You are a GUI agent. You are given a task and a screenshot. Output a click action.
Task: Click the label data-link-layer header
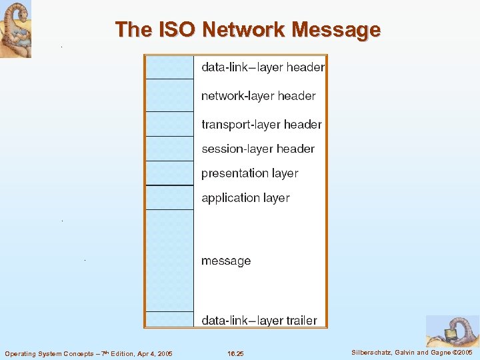pyautogui.click(x=263, y=67)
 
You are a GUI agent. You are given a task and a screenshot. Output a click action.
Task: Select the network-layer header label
pyautogui.click(x=259, y=96)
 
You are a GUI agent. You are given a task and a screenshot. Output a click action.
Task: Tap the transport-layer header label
pyautogui.click(x=261, y=125)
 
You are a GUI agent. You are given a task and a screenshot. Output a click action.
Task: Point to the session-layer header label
pyautogui.click(x=258, y=149)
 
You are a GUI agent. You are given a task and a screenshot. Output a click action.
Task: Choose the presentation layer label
pyautogui.click(x=250, y=173)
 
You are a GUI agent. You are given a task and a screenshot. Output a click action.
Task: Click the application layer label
pyautogui.click(x=245, y=198)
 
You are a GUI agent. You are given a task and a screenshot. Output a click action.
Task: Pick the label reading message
pyautogui.click(x=226, y=261)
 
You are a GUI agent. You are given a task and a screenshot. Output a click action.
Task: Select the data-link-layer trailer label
pyautogui.click(x=259, y=321)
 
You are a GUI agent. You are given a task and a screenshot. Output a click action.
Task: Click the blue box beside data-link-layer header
pyautogui.click(x=169, y=67)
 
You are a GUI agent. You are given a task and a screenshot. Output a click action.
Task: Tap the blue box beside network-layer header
pyautogui.click(x=169, y=95)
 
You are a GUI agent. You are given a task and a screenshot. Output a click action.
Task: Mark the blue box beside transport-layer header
pyautogui.click(x=169, y=124)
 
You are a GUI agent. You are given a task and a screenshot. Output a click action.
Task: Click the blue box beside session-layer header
pyautogui.click(x=169, y=149)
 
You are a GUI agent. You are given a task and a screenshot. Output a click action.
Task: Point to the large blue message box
pyautogui.click(x=169, y=261)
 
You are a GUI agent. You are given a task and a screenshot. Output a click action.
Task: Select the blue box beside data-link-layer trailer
pyautogui.click(x=169, y=319)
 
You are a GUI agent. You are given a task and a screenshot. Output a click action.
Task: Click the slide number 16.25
pyautogui.click(x=235, y=353)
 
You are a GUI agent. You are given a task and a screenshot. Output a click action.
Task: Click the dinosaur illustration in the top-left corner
pyautogui.click(x=15, y=29)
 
